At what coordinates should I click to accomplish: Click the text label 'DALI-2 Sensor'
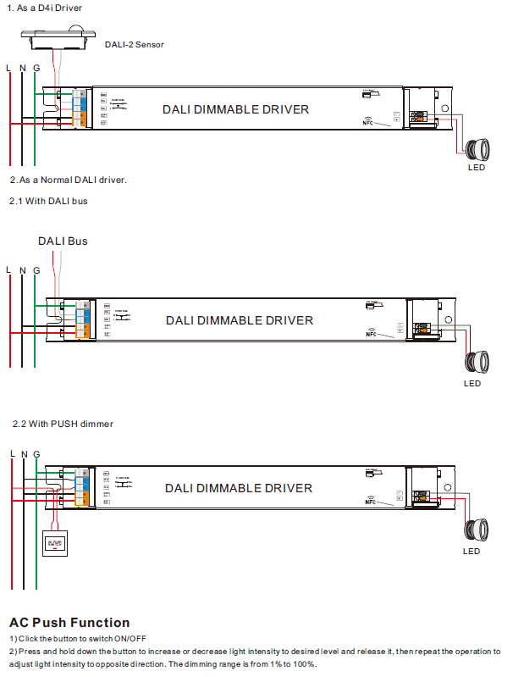pyautogui.click(x=134, y=44)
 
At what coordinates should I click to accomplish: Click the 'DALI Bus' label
pyautogui.click(x=63, y=241)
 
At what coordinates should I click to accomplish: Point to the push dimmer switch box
pyautogui.click(x=56, y=542)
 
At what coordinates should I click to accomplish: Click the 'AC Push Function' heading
pyautogui.click(x=69, y=623)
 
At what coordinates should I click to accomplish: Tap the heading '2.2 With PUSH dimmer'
pyautogui.click(x=63, y=423)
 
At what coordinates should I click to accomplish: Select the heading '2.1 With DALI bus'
pyautogui.click(x=48, y=201)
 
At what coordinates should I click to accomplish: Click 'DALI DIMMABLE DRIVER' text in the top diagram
pyautogui.click(x=235, y=109)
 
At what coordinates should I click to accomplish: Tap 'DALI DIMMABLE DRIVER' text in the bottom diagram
pyautogui.click(x=239, y=488)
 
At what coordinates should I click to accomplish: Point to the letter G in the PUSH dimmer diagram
pyautogui.click(x=36, y=454)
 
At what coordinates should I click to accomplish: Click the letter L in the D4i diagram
pyautogui.click(x=9, y=67)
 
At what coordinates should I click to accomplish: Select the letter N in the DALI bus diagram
pyautogui.click(x=23, y=270)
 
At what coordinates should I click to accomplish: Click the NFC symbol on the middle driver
pyautogui.click(x=371, y=331)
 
